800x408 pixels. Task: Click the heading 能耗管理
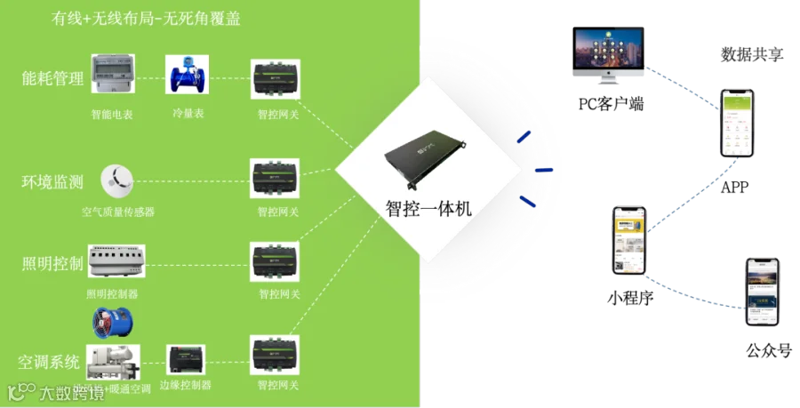(x=52, y=79)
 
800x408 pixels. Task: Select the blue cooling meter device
(x=185, y=76)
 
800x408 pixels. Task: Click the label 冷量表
(x=188, y=114)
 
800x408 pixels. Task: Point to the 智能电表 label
(x=112, y=114)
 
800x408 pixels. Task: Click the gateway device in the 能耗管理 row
(x=273, y=81)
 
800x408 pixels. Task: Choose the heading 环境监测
(x=52, y=183)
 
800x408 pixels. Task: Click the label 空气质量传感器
(x=118, y=212)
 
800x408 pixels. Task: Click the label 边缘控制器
(x=185, y=386)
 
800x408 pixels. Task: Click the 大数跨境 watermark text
(x=71, y=392)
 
